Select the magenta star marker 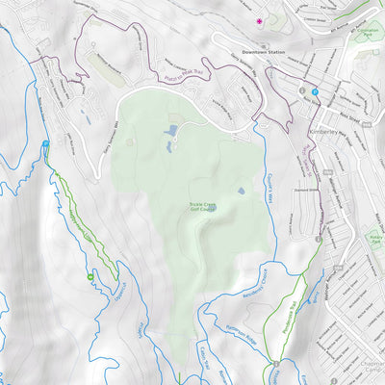coord(258,19)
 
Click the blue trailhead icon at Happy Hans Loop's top coord(46,144)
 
